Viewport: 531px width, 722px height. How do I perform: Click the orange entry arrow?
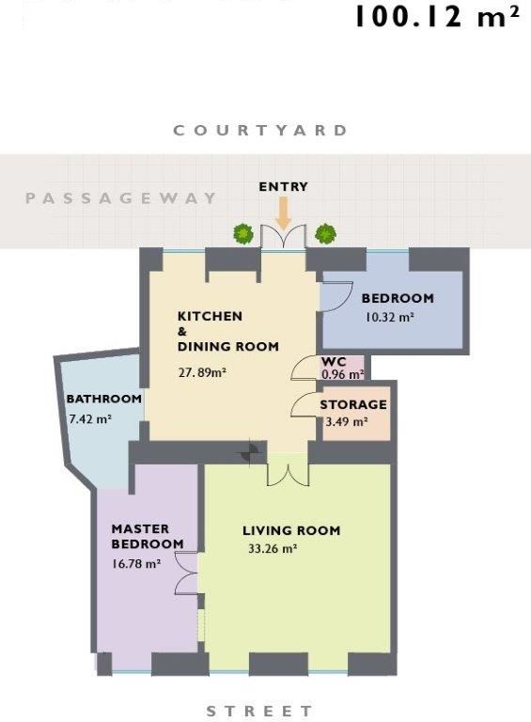[x=284, y=212]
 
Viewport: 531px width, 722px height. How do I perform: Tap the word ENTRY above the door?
[x=283, y=186]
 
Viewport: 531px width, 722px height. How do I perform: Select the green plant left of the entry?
[x=243, y=234]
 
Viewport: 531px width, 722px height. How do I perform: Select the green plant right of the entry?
[x=325, y=233]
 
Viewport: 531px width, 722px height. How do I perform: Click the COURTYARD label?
[x=260, y=131]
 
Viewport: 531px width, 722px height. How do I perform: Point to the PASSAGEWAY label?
[x=120, y=198]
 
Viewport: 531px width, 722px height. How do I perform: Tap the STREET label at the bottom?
[x=259, y=711]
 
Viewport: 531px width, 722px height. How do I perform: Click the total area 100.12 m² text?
[x=438, y=17]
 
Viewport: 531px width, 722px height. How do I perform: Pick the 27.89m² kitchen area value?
[x=202, y=372]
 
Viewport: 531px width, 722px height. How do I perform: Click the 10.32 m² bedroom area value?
[x=389, y=317]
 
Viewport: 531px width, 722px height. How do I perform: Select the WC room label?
[x=334, y=361]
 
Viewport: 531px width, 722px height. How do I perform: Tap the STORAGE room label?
[x=353, y=405]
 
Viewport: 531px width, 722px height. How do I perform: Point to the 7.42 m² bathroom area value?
[x=90, y=419]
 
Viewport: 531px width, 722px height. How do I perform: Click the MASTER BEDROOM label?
[x=148, y=537]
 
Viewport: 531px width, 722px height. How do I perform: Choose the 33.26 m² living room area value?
[x=273, y=549]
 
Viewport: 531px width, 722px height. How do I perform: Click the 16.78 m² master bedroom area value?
[x=136, y=564]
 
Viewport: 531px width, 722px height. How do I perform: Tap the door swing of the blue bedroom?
[x=336, y=297]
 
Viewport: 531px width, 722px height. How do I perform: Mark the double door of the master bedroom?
[x=186, y=573]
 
